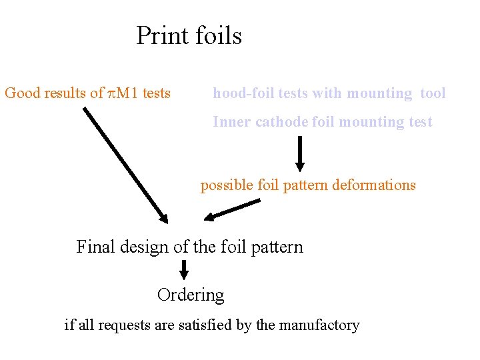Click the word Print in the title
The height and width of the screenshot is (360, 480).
[x=161, y=35]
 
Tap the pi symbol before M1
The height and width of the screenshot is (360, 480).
[x=112, y=93]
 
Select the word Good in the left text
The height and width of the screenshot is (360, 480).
[x=23, y=93]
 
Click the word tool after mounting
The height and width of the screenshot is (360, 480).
[x=433, y=93]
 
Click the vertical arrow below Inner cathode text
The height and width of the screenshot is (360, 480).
[x=300, y=154]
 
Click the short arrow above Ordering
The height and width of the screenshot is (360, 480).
[x=185, y=269]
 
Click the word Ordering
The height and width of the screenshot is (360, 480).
[x=191, y=295]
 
